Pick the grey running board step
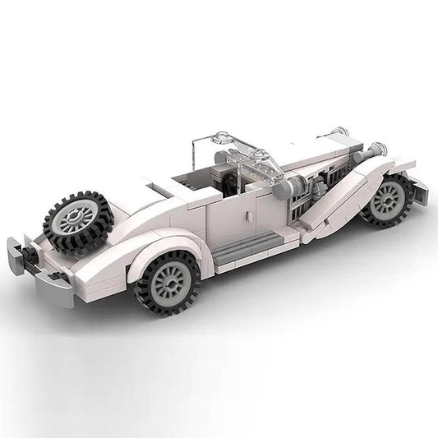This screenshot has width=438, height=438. coord(259,238)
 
